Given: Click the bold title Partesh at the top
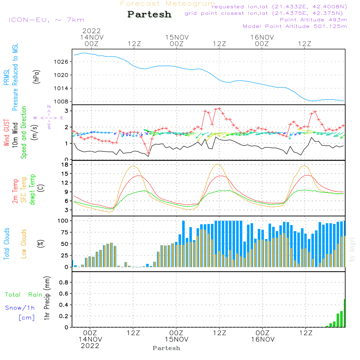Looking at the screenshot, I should coord(149,14).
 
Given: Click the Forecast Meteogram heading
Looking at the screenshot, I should coord(168,4).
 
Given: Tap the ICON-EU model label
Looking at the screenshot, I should coord(46,20).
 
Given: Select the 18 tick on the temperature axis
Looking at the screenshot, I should coord(65,165).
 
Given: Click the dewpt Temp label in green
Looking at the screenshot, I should coord(32,190).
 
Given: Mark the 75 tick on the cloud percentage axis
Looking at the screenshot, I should coord(64,232).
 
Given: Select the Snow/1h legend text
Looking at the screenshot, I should coord(20,308).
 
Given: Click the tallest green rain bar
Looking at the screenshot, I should coord(345,313).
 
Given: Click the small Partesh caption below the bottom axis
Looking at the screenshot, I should coord(166,348).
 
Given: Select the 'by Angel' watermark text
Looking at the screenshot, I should coord(352,250).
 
